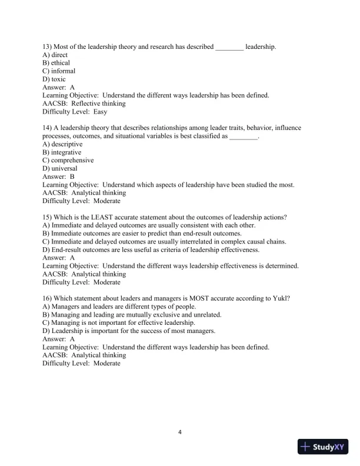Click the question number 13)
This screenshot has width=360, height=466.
[48, 46]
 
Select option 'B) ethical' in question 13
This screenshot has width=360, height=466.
[56, 63]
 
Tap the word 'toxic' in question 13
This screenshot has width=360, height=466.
[58, 79]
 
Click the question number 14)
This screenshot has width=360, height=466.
[48, 128]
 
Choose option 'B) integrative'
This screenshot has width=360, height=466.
[62, 152]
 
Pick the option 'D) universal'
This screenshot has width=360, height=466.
[60, 168]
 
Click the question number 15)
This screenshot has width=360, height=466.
[48, 217]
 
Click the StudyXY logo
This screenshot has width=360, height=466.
[324, 447]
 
